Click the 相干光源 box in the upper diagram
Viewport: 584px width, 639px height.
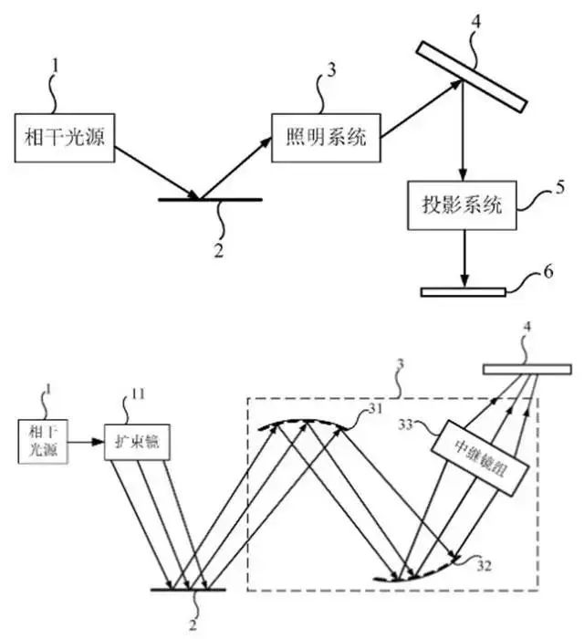[56, 138]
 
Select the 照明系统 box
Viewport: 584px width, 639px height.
[324, 138]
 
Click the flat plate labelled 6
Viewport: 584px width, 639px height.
[462, 292]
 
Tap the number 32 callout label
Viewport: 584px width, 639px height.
[485, 565]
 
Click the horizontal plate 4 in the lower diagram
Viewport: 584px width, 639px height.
[515, 370]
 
